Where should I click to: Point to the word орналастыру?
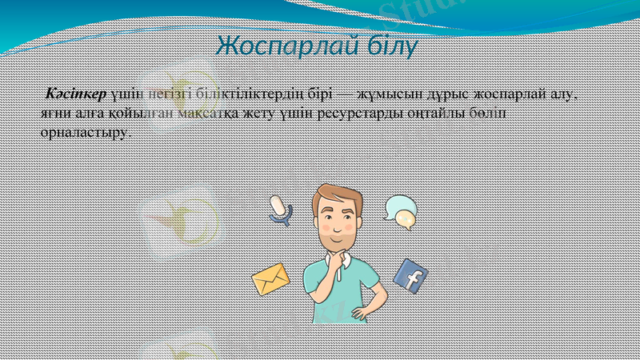click(83, 133)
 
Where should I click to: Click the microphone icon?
click(279, 209)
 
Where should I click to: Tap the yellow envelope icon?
click(270, 280)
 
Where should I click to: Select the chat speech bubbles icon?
click(400, 211)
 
